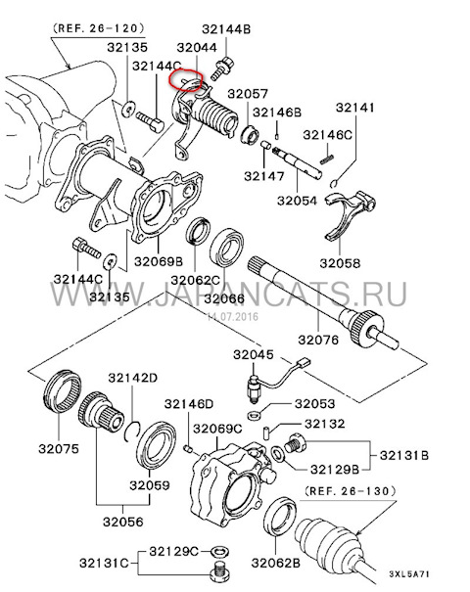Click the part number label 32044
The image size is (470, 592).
pyautogui.click(x=197, y=48)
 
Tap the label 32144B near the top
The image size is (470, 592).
pyautogui.click(x=226, y=29)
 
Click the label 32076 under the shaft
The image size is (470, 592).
pyautogui.click(x=318, y=340)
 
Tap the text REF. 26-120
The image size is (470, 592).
pyautogui.click(x=99, y=28)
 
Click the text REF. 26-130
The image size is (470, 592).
pyautogui.click(x=351, y=491)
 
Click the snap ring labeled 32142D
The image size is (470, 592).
pyautogui.click(x=132, y=431)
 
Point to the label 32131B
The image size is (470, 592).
pyautogui.click(x=404, y=455)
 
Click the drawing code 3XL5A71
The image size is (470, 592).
pyautogui.click(x=409, y=574)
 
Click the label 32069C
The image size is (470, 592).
pyautogui.click(x=217, y=430)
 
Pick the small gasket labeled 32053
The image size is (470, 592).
pyautogui.click(x=255, y=415)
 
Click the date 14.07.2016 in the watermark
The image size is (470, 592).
pyautogui.click(x=233, y=316)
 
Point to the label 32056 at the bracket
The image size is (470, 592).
pyautogui.click(x=123, y=522)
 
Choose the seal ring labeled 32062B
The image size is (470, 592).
pyautogui.click(x=280, y=518)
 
